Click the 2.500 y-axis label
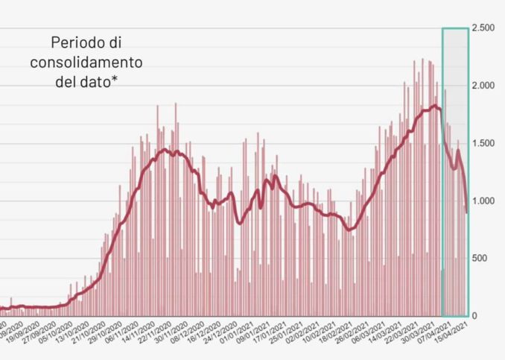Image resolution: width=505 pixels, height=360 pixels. pyautogui.click(x=486, y=28)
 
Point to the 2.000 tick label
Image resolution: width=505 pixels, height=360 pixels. pyautogui.click(x=486, y=85)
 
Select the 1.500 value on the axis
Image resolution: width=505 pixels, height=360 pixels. pyautogui.click(x=486, y=143)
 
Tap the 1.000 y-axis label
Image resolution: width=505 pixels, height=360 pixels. pyautogui.click(x=486, y=200)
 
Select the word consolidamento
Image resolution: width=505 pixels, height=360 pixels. pyautogui.click(x=86, y=62)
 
